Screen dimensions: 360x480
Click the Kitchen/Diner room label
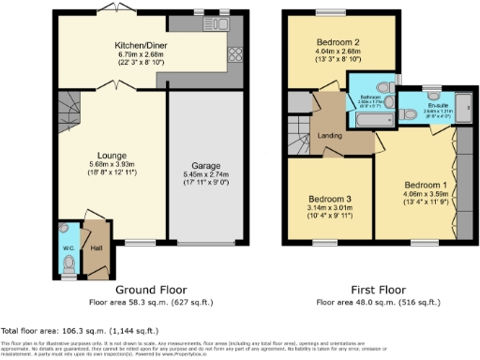point(141,44)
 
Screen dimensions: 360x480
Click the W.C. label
point(67,247)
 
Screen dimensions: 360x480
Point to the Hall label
point(96,248)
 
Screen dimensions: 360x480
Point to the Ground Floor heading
point(149,290)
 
